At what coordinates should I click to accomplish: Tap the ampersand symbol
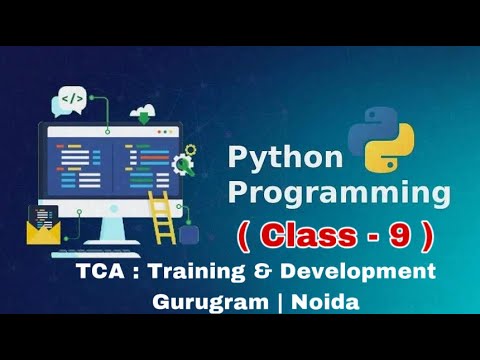(262, 271)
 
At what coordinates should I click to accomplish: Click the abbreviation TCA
(101, 271)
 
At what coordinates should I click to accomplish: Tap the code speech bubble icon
(72, 98)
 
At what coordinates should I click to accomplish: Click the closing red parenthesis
(428, 238)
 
